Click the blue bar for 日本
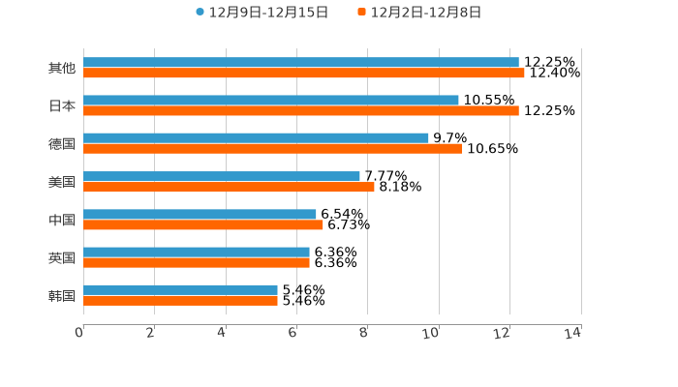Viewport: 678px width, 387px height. (x=271, y=101)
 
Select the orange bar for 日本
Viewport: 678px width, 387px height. (x=300, y=111)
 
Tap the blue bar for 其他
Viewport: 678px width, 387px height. (x=300, y=63)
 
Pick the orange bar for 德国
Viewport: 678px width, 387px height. (x=273, y=149)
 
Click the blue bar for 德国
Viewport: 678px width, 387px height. (x=256, y=138)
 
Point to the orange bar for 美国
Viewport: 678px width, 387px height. (x=229, y=187)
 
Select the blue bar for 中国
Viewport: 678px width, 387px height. (x=200, y=215)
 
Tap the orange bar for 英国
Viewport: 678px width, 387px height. (x=197, y=262)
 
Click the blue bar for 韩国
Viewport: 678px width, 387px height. (x=180, y=290)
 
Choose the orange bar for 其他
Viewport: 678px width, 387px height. (x=304, y=74)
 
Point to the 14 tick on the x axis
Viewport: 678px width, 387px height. (x=573, y=333)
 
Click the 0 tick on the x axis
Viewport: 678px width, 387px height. (x=79, y=333)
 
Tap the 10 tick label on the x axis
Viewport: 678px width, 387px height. (x=432, y=333)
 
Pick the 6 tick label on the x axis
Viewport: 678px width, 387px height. (x=293, y=333)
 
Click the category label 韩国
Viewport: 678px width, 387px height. (x=62, y=296)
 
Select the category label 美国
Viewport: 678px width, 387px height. (x=62, y=182)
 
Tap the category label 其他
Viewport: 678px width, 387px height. (x=62, y=69)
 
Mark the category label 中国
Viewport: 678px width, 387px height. (x=62, y=221)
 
